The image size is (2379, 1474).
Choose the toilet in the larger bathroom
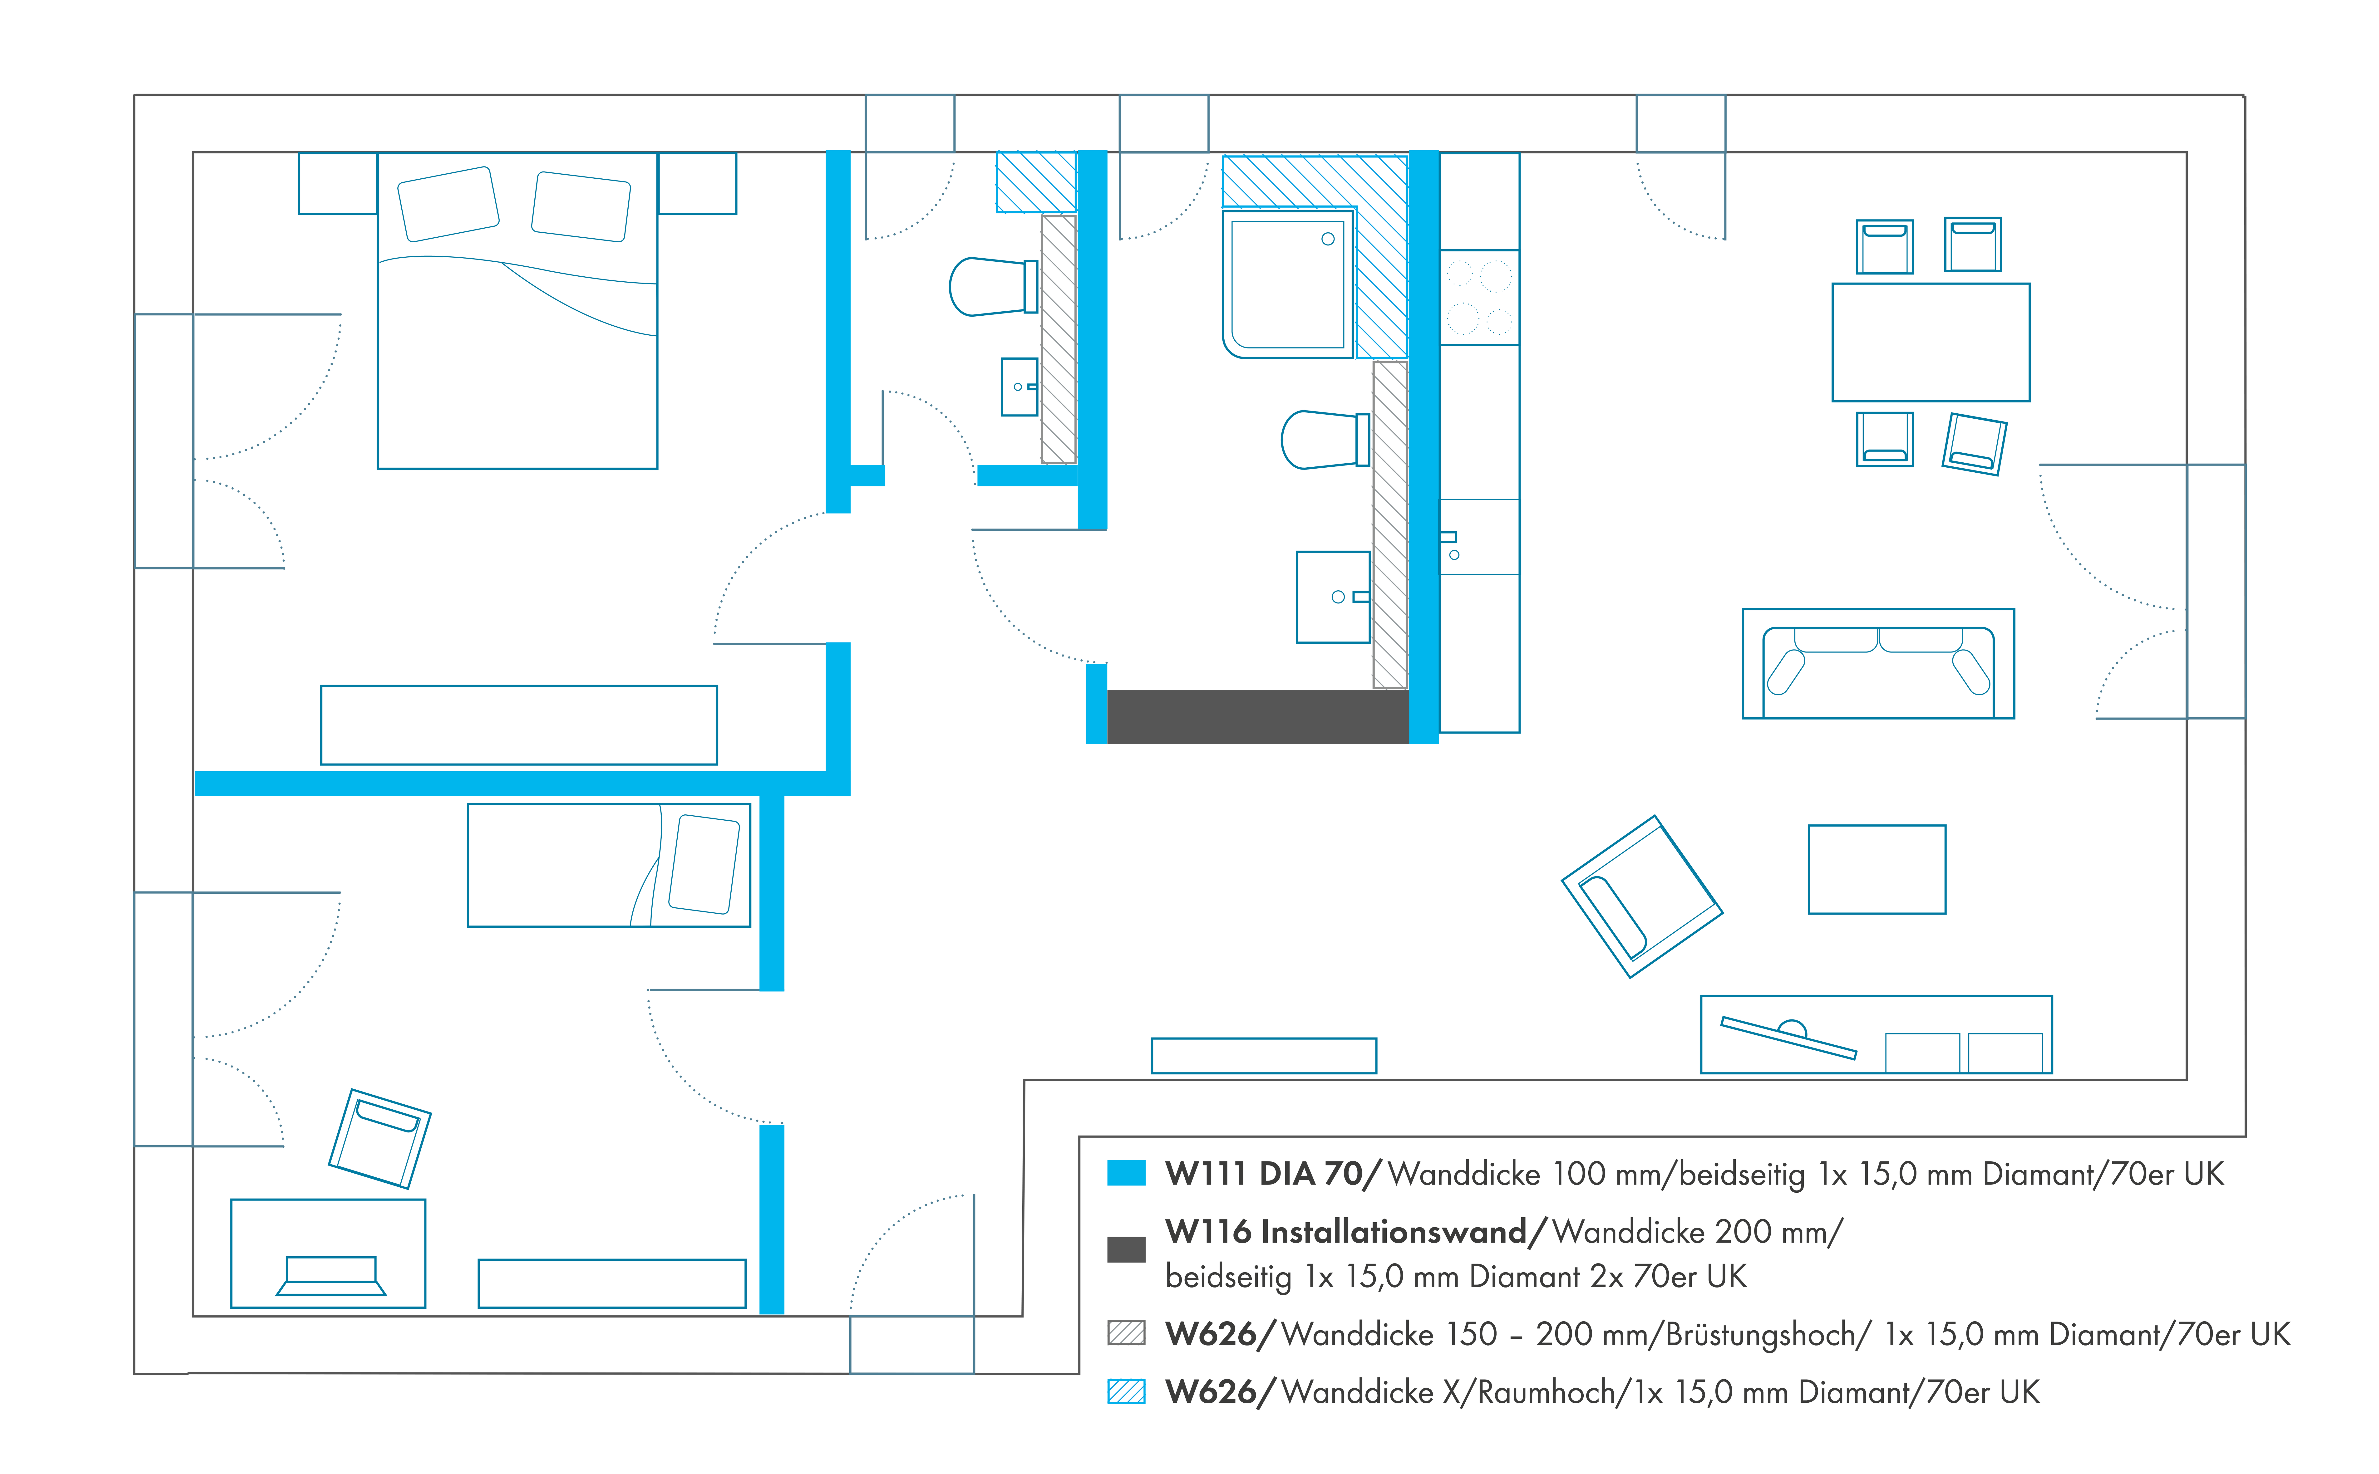(1324, 440)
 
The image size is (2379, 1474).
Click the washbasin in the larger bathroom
(1333, 597)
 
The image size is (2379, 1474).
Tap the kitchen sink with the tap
(1479, 537)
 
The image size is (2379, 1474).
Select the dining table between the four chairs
(1931, 342)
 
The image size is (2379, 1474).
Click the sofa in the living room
(1878, 664)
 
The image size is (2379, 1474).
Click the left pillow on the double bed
(448, 204)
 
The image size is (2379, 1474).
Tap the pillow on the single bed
(704, 864)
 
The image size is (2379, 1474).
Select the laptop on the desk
(331, 1275)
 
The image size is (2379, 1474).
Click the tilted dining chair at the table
(1974, 444)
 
